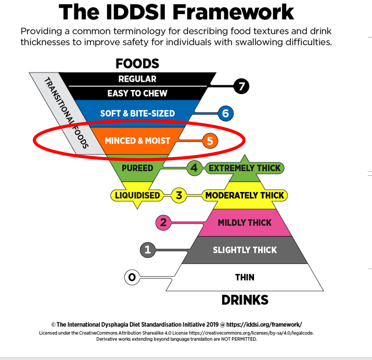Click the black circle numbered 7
click(x=240, y=86)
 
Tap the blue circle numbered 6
click(x=225, y=113)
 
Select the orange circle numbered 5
click(x=210, y=140)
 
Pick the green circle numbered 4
click(x=194, y=168)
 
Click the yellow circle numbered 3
click(x=178, y=196)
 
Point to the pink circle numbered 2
click(x=163, y=223)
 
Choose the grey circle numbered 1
click(x=148, y=250)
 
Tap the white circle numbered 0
click(x=132, y=277)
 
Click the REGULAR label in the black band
click(x=137, y=79)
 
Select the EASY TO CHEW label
click(x=137, y=94)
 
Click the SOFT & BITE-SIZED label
click(x=137, y=113)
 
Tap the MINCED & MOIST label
click(x=137, y=140)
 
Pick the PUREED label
click(x=137, y=168)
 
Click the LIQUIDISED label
click(x=137, y=196)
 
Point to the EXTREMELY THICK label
click(x=244, y=168)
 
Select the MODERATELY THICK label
click(x=245, y=196)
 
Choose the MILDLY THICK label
click(x=245, y=223)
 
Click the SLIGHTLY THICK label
click(x=245, y=250)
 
